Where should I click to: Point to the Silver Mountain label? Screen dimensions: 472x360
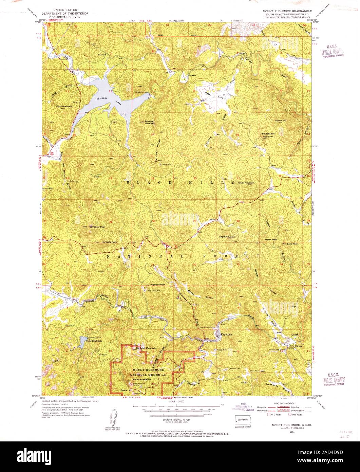tap(246, 183)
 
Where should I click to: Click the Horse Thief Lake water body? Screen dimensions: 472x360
tap(82, 343)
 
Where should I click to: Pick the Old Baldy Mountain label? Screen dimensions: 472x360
tap(145, 348)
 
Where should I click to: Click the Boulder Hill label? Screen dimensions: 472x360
tap(268, 134)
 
